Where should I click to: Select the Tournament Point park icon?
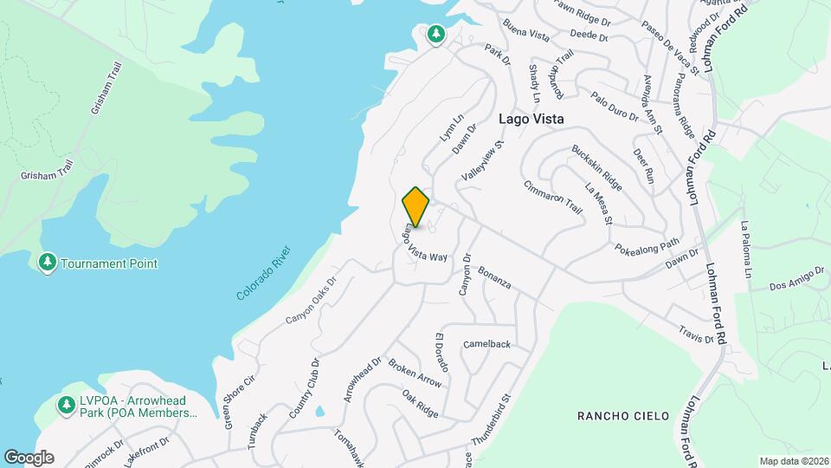[48, 262]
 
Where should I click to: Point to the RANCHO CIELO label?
[623, 416]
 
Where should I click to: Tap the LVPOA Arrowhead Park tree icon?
[66, 404]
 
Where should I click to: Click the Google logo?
[29, 457]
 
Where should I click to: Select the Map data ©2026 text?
[794, 461]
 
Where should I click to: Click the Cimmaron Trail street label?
[553, 198]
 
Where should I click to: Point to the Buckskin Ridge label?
[597, 168]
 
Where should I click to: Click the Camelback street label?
[486, 344]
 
